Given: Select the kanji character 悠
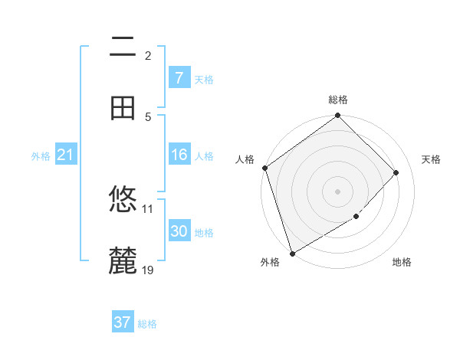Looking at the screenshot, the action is pos(123,201).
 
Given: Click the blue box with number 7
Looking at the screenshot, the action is pos(179,78).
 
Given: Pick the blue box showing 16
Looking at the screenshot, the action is pos(179,155).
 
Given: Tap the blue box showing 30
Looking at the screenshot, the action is pos(179,231).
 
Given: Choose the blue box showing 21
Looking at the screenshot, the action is pos(65,155).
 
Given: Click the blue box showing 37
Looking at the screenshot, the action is pos(122,322).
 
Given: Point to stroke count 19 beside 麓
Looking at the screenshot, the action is pos(149,270).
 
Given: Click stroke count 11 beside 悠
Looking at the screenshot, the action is pos(148,208).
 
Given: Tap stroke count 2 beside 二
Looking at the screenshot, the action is pos(148,55).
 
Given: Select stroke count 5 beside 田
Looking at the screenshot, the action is pos(148,116).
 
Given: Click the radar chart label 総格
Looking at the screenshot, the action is pos(338,100).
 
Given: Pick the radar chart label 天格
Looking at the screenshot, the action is pos(431,159).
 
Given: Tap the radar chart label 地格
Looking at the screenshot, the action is pos(402,262).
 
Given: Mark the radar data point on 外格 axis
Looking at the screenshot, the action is pos(292,254).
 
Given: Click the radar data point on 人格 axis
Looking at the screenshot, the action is pos(264,168).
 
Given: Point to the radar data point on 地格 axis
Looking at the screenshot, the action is pos(356,217).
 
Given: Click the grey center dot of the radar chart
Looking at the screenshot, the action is pos(338,191).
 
